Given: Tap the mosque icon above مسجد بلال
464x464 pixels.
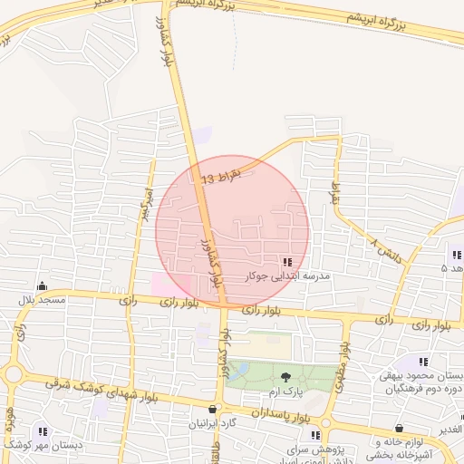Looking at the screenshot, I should [42, 285].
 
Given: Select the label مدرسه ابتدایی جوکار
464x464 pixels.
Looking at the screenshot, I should [287, 275].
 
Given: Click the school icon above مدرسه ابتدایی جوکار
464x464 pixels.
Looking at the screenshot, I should [288, 262].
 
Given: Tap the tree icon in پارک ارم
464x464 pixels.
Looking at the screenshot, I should [286, 377].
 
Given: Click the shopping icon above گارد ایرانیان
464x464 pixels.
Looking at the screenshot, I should [213, 409].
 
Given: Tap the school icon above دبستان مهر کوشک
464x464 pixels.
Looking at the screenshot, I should [42, 431].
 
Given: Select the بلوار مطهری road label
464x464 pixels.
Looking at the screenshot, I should [343, 366].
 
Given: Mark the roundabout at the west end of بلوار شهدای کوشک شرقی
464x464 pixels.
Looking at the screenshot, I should [11, 374].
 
